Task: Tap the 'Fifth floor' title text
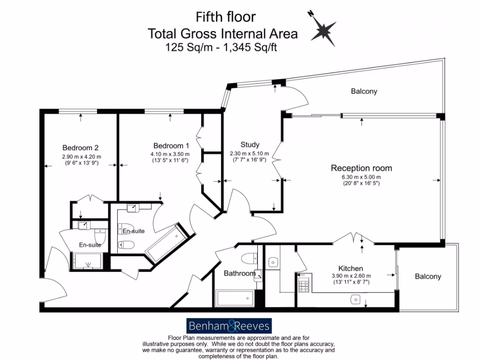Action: coord(225,17)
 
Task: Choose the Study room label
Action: coord(250,144)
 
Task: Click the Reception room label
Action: coord(361,168)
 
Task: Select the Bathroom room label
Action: coord(239,273)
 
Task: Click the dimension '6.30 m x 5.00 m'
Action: coord(361,177)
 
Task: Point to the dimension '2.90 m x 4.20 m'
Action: coord(82,157)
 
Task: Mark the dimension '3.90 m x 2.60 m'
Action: coord(352,276)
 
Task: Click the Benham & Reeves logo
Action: coord(229,325)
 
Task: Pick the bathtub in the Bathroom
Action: coord(234,297)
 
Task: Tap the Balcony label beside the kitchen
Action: coord(427,277)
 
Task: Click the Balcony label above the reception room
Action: coord(364,91)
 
